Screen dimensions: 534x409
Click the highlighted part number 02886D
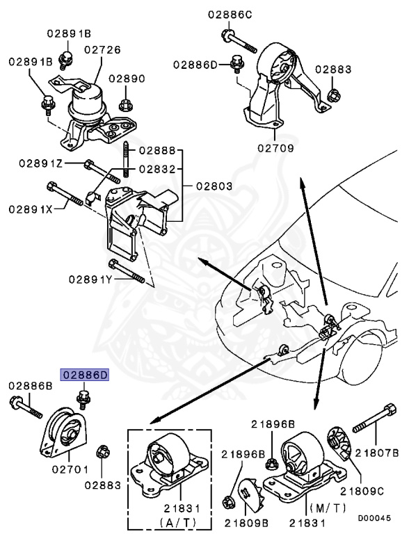click(86, 375)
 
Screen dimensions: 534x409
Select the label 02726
click(102, 50)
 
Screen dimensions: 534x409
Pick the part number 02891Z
click(61, 164)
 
